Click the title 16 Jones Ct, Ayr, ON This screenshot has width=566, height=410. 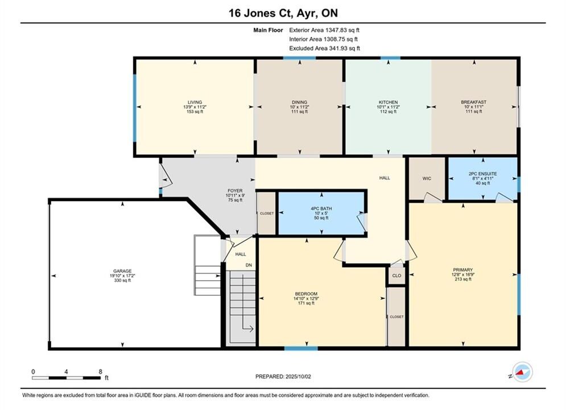click(x=283, y=13)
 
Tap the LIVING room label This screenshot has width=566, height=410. click(x=195, y=102)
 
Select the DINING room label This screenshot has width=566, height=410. click(x=299, y=102)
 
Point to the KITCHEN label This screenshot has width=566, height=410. click(x=388, y=102)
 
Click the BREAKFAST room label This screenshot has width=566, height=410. click(x=474, y=102)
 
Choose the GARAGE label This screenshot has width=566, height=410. click(x=122, y=271)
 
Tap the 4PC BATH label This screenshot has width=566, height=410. click(x=321, y=208)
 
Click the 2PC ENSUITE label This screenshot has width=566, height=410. click(x=482, y=174)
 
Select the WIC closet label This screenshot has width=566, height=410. click(x=427, y=178)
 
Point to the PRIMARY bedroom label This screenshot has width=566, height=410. click(x=463, y=270)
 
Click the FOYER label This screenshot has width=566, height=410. click(x=235, y=191)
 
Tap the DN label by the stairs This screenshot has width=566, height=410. click(x=249, y=265)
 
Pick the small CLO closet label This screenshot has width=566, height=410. click(x=396, y=276)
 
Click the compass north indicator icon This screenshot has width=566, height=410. click(x=522, y=372)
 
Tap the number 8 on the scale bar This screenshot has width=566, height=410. click(x=100, y=371)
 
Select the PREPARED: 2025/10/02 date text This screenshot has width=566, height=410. click(x=283, y=376)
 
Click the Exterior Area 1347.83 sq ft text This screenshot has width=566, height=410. click(x=324, y=30)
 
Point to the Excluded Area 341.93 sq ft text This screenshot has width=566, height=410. click(x=324, y=48)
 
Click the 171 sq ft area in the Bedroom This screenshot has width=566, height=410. click(x=305, y=303)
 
